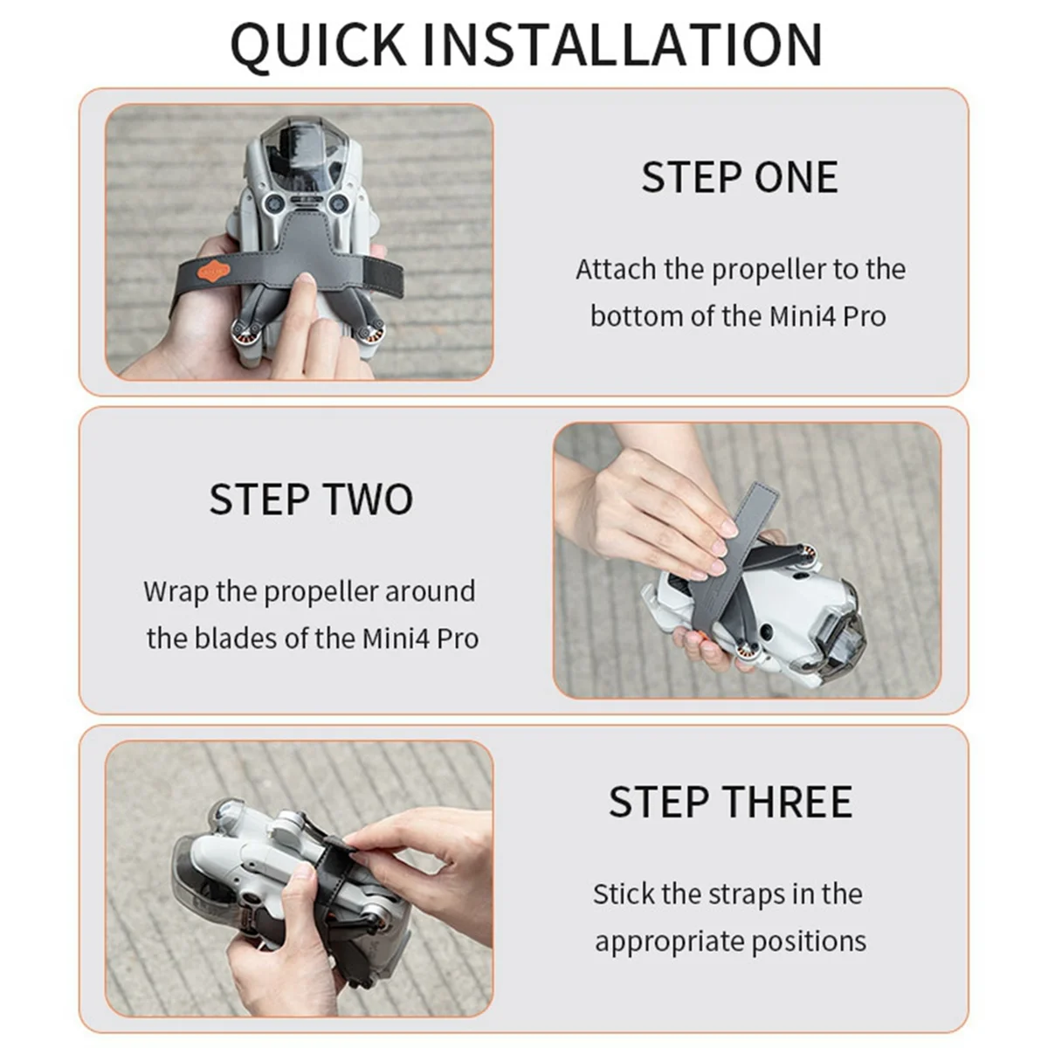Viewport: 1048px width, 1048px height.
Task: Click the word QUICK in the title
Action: (319, 45)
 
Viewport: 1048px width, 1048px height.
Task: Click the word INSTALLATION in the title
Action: (622, 44)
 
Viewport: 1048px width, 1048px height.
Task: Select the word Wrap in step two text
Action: (176, 592)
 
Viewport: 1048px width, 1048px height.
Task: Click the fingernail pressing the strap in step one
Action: (307, 279)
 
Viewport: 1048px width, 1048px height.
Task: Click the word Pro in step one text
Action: (865, 316)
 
